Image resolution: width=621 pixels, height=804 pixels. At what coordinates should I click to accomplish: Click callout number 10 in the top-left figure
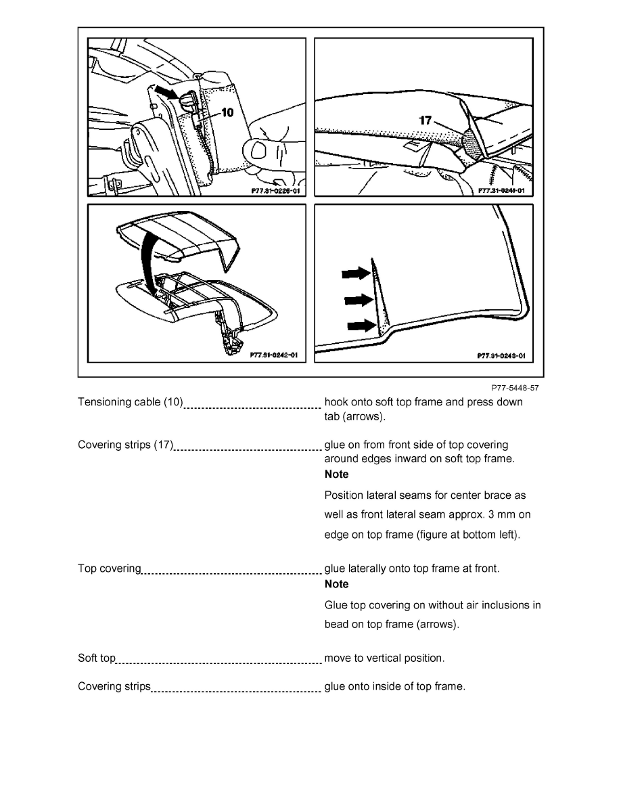click(x=228, y=113)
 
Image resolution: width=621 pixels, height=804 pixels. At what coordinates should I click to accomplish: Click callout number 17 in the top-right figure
click(x=425, y=120)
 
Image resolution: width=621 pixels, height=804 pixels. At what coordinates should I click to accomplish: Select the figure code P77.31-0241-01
click(x=501, y=192)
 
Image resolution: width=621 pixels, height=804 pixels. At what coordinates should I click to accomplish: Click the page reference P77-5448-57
click(x=515, y=388)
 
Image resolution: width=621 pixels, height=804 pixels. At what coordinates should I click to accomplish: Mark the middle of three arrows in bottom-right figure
click(x=359, y=299)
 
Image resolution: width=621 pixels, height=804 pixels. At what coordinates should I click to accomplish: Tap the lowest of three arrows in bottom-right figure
click(x=361, y=326)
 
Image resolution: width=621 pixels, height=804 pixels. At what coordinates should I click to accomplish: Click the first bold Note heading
click(x=337, y=474)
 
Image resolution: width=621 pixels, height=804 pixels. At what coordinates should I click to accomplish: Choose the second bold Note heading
click(x=337, y=584)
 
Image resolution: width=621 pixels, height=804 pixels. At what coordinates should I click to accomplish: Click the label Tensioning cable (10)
click(x=131, y=402)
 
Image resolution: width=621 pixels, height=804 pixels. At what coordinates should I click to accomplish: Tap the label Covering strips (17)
click(x=126, y=445)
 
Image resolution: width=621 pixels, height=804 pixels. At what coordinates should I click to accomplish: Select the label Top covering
click(x=110, y=568)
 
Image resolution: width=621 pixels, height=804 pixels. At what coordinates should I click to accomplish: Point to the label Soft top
click(x=97, y=658)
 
